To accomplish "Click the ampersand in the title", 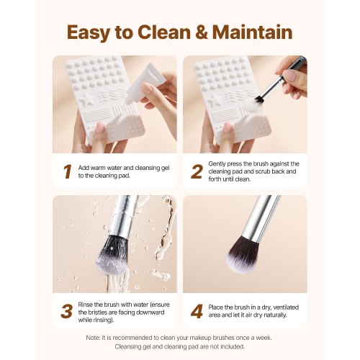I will click(205, 32).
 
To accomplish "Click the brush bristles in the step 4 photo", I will click(242, 256).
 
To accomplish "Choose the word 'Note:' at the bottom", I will click(94, 337).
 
